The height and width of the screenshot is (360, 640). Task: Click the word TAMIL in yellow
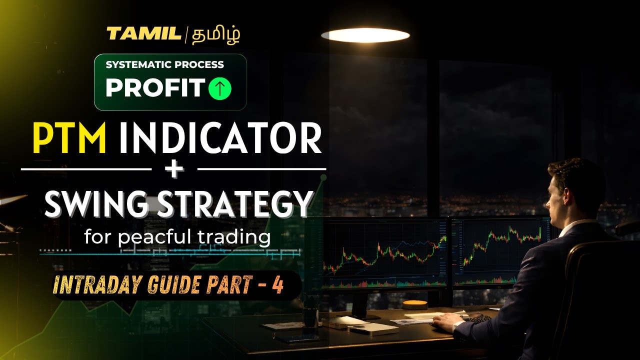click(x=144, y=34)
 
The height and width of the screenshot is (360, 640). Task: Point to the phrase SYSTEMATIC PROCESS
click(x=164, y=65)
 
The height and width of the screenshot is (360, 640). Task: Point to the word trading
click(x=238, y=236)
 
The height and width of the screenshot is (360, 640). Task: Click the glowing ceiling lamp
click(x=365, y=35)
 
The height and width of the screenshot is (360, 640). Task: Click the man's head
click(x=575, y=185)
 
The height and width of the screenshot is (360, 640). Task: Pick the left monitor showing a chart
click(x=385, y=252)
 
